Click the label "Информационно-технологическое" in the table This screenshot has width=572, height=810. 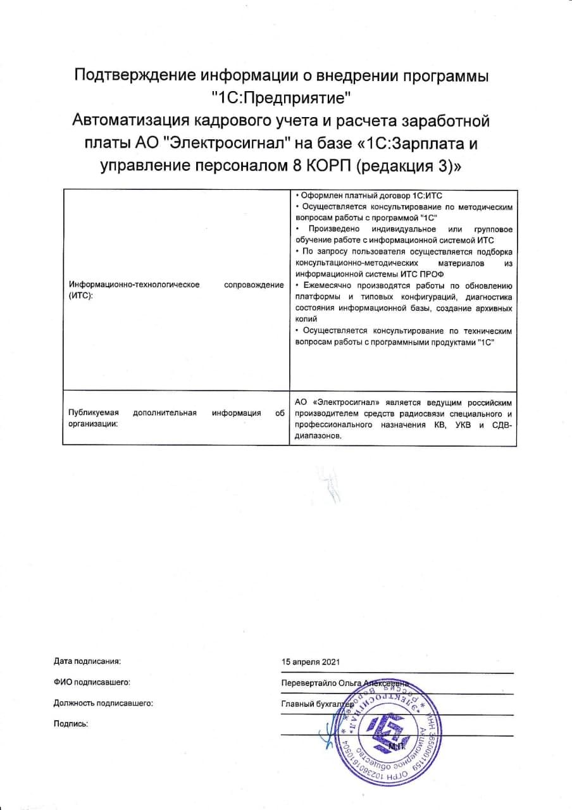coord(134,285)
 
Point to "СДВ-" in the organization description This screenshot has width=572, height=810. coord(501,425)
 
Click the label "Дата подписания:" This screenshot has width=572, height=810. coord(87,661)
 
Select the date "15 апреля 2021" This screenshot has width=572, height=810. coord(311,661)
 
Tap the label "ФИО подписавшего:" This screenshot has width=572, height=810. coord(92,682)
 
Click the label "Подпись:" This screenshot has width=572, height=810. coord(71,723)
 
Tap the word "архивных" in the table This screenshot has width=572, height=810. coord(495,308)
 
